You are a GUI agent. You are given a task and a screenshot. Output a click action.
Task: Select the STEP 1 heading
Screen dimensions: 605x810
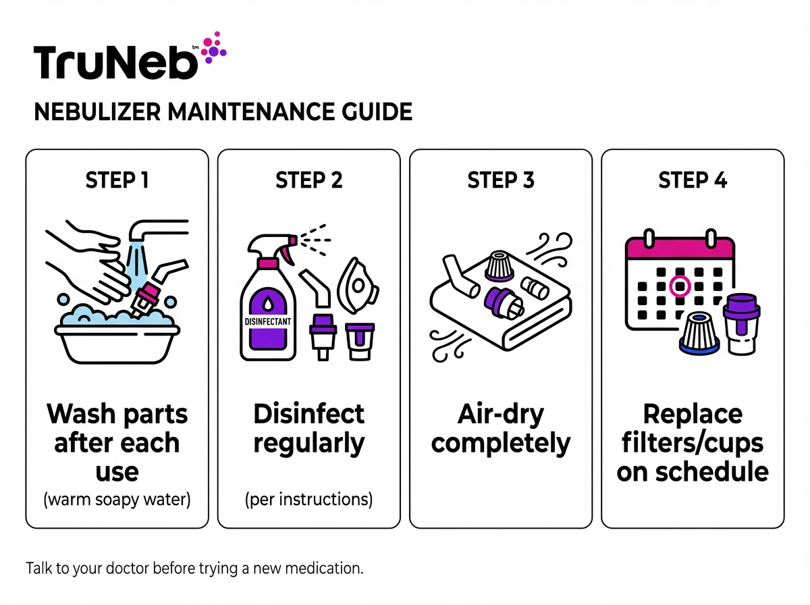[x=117, y=180]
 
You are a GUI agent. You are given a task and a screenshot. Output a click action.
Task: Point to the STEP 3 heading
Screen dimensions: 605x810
[x=500, y=180]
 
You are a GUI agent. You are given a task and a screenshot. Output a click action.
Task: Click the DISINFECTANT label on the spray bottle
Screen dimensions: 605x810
[x=268, y=322]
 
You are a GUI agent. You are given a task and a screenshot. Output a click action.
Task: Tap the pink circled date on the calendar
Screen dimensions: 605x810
[x=680, y=286]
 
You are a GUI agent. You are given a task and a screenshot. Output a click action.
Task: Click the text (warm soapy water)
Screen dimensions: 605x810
[x=117, y=500]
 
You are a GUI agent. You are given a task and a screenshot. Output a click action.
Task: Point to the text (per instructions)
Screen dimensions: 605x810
[x=308, y=500]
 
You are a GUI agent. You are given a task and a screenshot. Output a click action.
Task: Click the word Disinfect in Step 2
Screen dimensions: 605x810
[x=308, y=413]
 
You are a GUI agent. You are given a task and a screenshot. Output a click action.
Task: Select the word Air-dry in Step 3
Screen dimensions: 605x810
[x=500, y=413]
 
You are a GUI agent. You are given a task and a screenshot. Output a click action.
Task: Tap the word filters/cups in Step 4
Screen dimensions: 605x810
[x=693, y=443]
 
